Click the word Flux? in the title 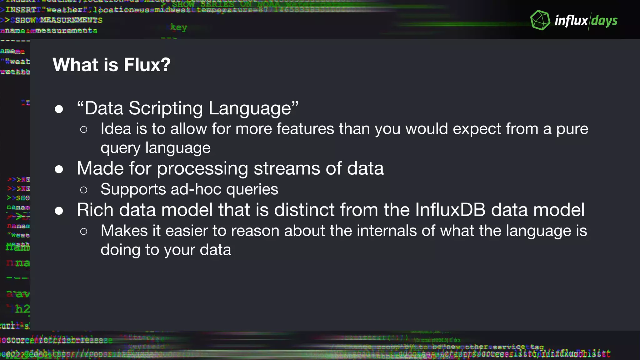[147, 65]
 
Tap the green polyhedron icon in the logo [540, 20]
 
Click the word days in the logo [604, 21]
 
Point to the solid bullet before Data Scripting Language [59, 109]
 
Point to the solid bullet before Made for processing [59, 169]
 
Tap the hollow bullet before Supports [83, 190]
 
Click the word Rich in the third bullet [95, 210]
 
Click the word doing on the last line [120, 250]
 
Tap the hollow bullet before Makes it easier [83, 231]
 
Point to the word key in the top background [179, 27]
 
